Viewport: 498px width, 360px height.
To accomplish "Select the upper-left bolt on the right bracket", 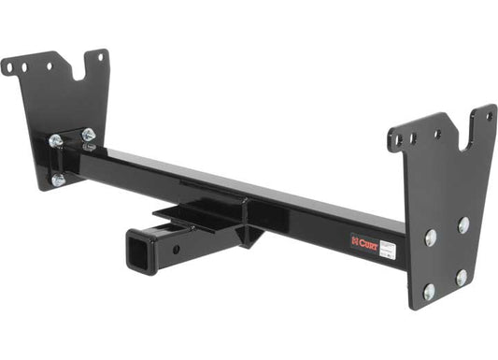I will (430, 238).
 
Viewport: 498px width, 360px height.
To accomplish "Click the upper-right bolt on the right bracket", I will (463, 224).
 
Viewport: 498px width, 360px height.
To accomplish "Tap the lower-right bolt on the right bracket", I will (461, 277).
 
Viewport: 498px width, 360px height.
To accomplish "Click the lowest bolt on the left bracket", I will (58, 180).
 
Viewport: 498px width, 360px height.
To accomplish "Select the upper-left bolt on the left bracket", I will (56, 141).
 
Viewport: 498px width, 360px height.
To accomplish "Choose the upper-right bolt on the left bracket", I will (88, 136).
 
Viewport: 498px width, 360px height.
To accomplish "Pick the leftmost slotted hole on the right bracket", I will (394, 141).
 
